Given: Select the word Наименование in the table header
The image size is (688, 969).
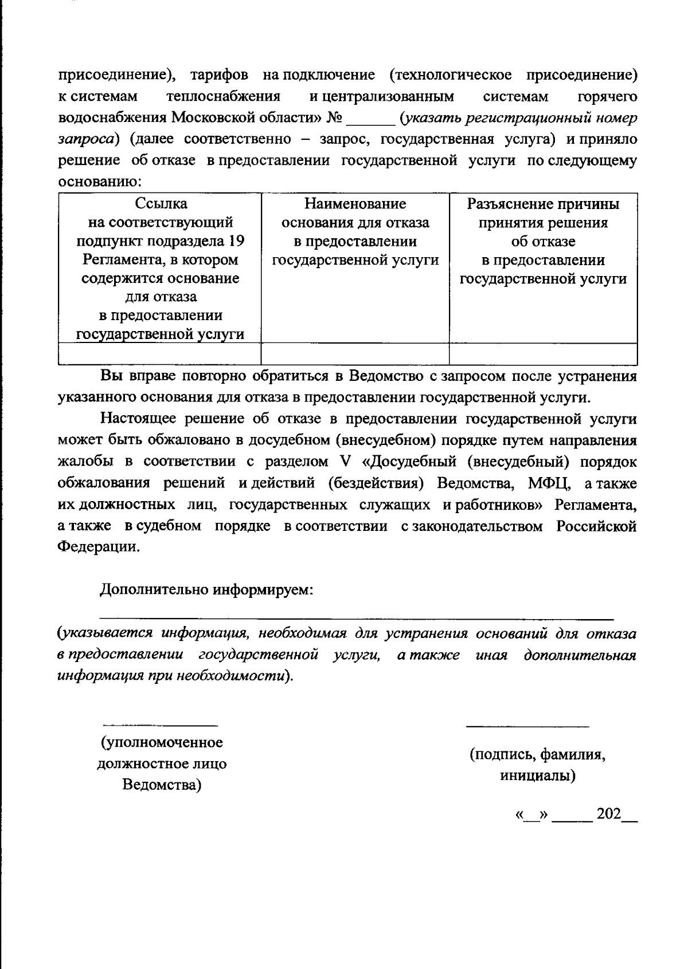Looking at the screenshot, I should tap(355, 204).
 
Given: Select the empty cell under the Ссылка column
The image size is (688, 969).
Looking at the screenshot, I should tap(160, 354).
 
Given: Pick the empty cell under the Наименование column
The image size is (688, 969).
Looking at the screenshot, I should tap(355, 354).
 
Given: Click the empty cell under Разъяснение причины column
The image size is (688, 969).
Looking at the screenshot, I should tap(543, 354).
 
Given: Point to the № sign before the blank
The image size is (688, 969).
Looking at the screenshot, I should tap(334, 119).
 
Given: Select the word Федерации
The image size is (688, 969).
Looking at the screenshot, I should tap(98, 547).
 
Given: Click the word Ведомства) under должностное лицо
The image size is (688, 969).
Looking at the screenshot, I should tap(162, 785).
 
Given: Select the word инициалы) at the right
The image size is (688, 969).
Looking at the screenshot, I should tap(537, 776).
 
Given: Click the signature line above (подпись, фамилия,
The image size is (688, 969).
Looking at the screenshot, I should tap(527, 726).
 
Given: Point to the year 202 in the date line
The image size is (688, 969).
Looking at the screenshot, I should tap(609, 814).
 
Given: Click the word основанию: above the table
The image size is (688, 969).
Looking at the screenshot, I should tap(100, 183).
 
